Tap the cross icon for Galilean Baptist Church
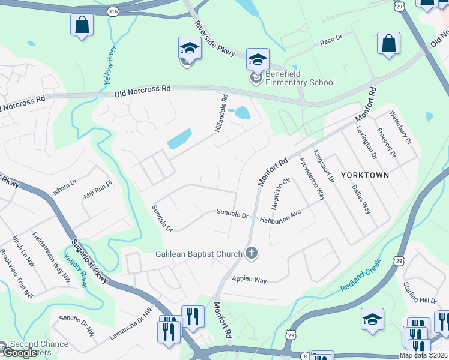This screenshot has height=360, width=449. tap(252, 254)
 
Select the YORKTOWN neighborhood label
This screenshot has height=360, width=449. tap(365, 175)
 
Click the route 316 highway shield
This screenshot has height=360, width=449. tap(112, 11)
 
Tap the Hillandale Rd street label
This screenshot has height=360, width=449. tap(221, 113)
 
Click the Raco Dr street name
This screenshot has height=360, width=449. tap(331, 38)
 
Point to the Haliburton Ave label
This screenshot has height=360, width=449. tap(280, 217)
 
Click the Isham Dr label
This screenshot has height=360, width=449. tap(65, 180)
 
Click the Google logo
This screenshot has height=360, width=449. tap(19, 352)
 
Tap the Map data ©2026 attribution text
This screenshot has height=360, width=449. tap(423, 355)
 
